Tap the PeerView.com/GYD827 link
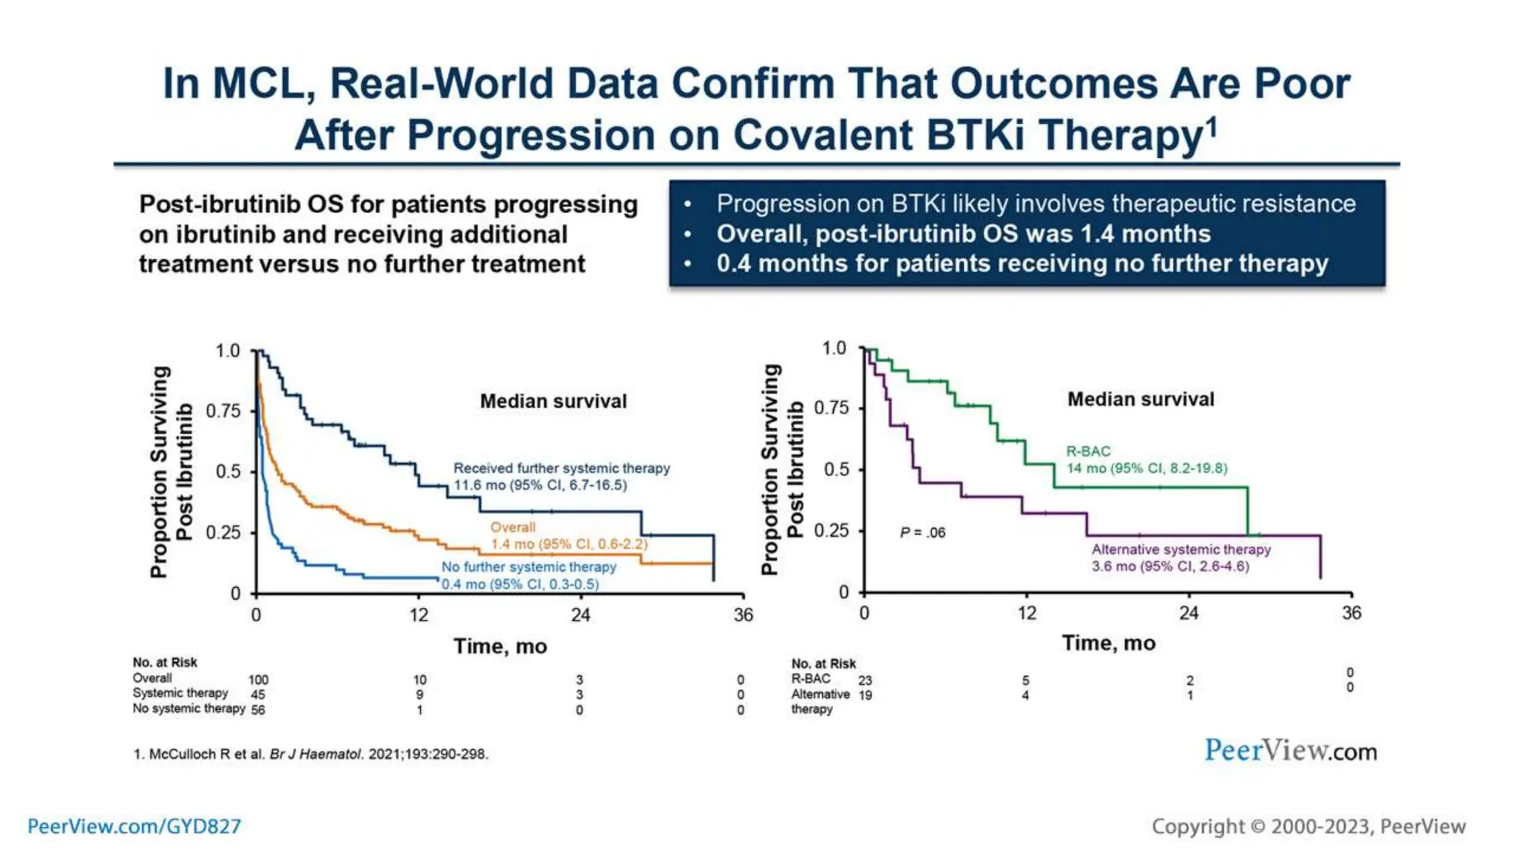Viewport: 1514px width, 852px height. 134,826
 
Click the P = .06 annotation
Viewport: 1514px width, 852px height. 922,532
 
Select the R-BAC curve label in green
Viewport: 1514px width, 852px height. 1087,451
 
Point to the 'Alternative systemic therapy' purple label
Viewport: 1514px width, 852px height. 1181,550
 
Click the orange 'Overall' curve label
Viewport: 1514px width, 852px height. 512,527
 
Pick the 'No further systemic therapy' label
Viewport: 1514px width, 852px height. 529,567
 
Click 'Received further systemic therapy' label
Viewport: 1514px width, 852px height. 561,468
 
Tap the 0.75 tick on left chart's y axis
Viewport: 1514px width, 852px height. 223,411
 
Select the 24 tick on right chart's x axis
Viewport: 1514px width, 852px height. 1188,613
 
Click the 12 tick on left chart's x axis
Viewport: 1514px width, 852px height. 418,615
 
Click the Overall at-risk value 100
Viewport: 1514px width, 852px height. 258,680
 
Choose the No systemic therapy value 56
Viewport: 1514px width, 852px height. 257,710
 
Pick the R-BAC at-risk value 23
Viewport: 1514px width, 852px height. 865,680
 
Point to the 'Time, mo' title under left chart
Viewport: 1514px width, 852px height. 500,646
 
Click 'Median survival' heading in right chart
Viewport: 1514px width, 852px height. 1140,399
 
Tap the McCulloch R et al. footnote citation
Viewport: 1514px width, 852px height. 310,754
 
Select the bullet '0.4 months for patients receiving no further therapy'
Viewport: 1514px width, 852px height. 1022,263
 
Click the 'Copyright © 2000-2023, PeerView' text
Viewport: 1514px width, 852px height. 1308,826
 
